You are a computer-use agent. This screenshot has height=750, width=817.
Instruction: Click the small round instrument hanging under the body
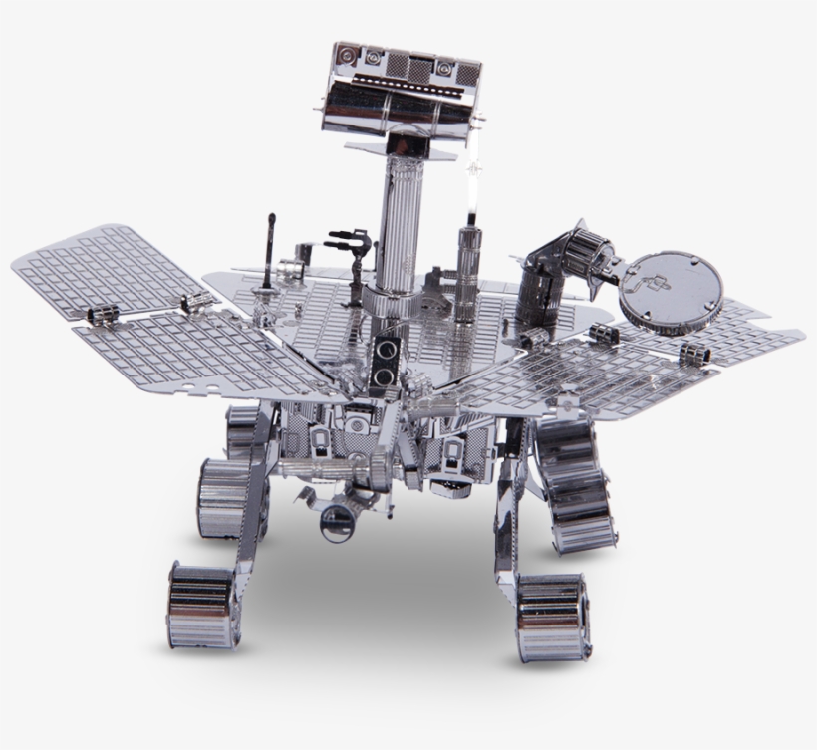pyautogui.click(x=335, y=516)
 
